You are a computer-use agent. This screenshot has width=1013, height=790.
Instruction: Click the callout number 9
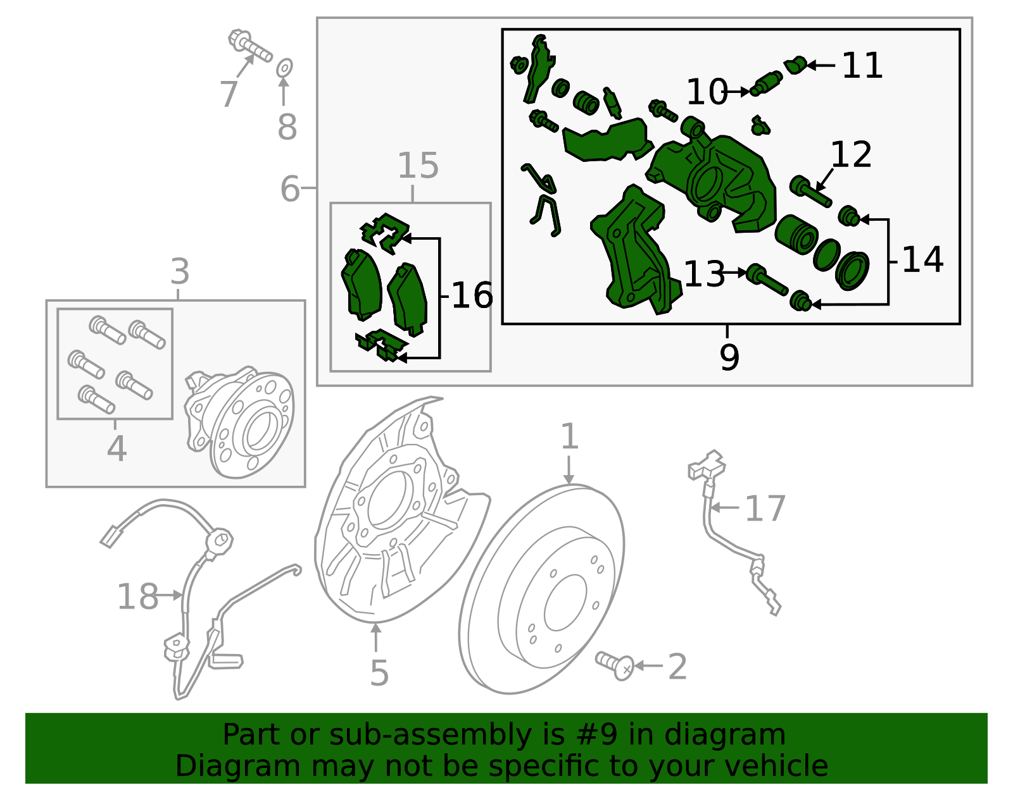pyautogui.click(x=729, y=357)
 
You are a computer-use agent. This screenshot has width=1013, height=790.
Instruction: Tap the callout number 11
pyautogui.click(x=862, y=66)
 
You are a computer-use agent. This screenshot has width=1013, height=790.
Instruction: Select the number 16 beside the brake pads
pyautogui.click(x=472, y=295)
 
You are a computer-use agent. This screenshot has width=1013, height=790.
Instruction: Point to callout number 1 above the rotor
pyautogui.click(x=569, y=436)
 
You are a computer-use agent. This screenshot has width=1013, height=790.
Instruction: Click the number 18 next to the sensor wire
pyautogui.click(x=137, y=596)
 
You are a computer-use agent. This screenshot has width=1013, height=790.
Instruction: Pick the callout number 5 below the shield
pyautogui.click(x=379, y=673)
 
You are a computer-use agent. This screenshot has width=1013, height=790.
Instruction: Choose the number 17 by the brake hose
pyautogui.click(x=765, y=509)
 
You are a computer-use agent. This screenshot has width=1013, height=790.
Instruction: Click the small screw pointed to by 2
pyautogui.click(x=614, y=665)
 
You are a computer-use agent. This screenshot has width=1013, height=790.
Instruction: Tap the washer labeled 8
pyautogui.click(x=284, y=68)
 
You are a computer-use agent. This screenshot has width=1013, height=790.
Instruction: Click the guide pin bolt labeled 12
pyautogui.click(x=810, y=191)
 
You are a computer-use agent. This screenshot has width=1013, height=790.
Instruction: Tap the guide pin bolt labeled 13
pyautogui.click(x=766, y=280)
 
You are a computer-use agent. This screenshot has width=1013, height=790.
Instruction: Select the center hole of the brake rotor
pyautogui.click(x=565, y=603)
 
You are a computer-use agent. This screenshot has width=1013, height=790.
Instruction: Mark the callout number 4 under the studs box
pyautogui.click(x=116, y=448)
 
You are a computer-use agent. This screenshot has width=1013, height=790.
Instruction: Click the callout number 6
pyautogui.click(x=289, y=189)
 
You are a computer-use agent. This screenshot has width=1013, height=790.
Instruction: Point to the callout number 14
pyautogui.click(x=922, y=259)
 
